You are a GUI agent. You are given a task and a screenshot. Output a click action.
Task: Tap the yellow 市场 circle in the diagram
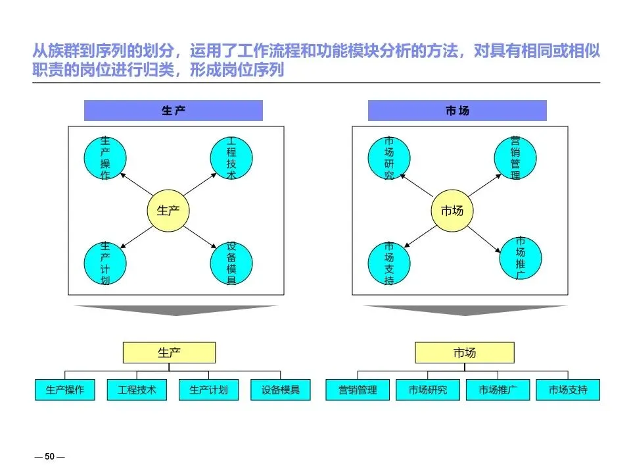click(x=452, y=211)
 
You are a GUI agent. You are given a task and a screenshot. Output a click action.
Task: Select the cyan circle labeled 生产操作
click(x=105, y=158)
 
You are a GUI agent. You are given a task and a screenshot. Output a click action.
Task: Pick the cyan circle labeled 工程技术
click(x=231, y=158)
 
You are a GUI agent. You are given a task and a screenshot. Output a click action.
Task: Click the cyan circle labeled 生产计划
click(x=105, y=263)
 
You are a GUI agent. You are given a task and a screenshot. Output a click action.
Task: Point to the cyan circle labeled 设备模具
click(x=231, y=263)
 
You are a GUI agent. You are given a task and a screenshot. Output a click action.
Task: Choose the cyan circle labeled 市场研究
click(x=388, y=158)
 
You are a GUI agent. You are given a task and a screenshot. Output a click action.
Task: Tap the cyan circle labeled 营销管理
click(x=515, y=158)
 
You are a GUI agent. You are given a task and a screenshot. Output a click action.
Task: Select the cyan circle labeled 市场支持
click(x=388, y=263)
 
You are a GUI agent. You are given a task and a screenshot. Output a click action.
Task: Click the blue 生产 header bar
click(x=174, y=111)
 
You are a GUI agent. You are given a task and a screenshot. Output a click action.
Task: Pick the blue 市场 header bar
click(x=457, y=111)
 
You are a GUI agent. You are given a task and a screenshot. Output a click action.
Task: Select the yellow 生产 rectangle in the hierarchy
click(x=169, y=353)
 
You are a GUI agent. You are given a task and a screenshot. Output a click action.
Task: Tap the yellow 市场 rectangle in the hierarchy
click(x=464, y=353)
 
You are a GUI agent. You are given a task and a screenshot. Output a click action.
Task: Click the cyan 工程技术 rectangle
click(x=137, y=390)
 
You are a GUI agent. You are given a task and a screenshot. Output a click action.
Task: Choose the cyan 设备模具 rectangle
click(x=281, y=390)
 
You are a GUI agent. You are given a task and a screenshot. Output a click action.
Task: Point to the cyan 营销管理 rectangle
click(x=358, y=390)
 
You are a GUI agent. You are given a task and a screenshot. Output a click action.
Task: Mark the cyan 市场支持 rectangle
click(x=568, y=390)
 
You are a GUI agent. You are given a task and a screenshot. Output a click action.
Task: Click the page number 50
click(x=49, y=456)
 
